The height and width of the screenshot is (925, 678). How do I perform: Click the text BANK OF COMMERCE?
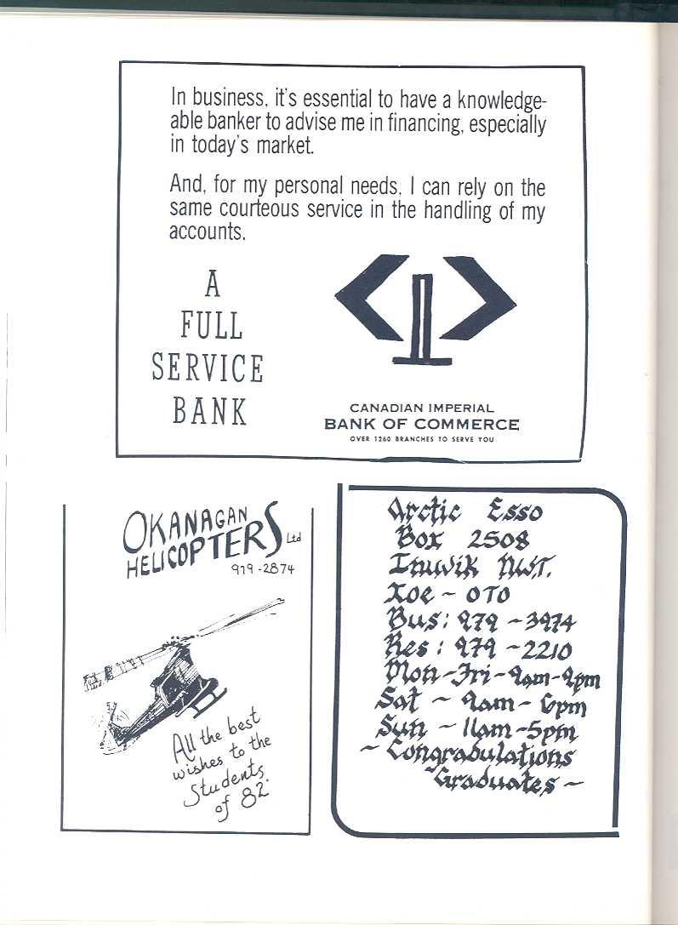(421, 424)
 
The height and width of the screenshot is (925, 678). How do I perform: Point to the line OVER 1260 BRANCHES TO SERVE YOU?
(422, 439)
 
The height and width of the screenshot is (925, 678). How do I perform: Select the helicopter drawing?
(170, 672)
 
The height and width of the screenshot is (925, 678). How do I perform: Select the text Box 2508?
(462, 539)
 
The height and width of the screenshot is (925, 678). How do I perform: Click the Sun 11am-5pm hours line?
(476, 730)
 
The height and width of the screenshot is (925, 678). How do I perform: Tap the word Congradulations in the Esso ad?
(479, 753)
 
